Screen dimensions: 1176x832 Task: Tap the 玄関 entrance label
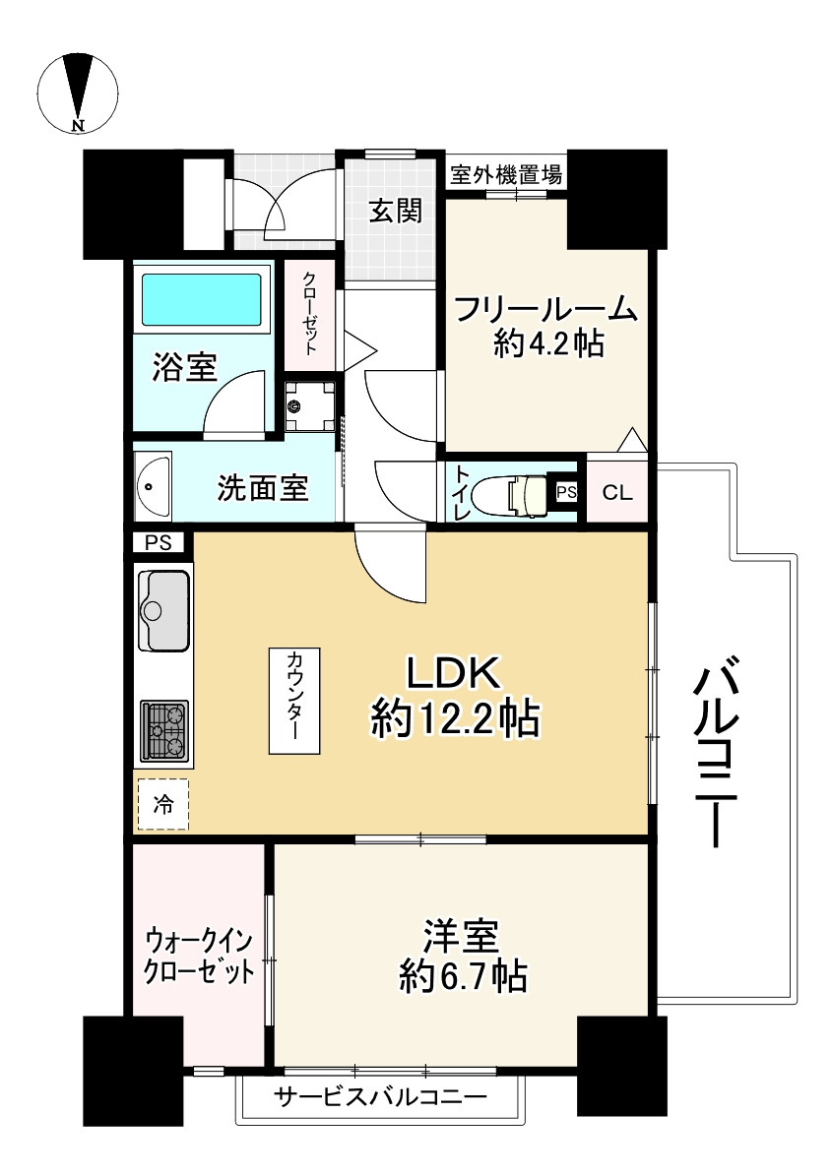click(395, 211)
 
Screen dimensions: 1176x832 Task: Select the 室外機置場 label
click(506, 175)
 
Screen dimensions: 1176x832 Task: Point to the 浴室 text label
click(184, 369)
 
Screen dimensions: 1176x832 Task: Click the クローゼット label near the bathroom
click(310, 313)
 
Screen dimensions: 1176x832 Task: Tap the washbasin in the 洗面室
click(153, 485)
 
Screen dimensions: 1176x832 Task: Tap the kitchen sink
click(163, 610)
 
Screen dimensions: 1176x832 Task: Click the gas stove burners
click(163, 730)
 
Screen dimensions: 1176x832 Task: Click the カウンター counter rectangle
click(295, 701)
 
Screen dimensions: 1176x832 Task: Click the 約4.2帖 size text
click(547, 344)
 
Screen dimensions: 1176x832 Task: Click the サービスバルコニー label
click(380, 1096)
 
